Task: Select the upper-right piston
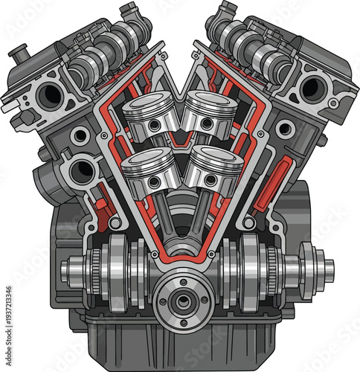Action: coord(210,112)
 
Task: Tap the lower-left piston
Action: coord(148,170)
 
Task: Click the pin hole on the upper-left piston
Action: coord(153,125)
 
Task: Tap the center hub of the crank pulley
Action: coord(181,301)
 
